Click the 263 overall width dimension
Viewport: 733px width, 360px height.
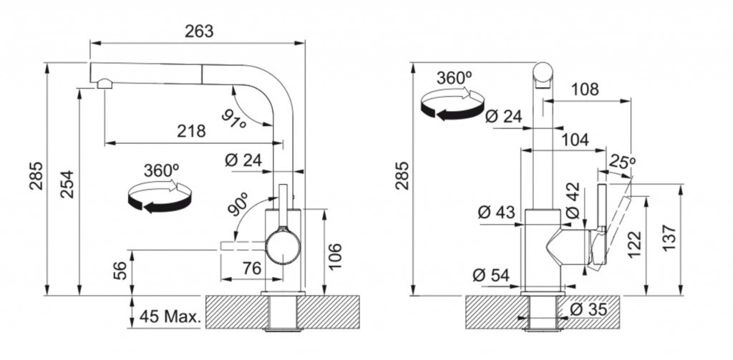click(199, 31)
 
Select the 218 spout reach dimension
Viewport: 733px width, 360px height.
click(191, 132)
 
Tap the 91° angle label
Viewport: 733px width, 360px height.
click(234, 119)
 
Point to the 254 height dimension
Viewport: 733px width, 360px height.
click(68, 184)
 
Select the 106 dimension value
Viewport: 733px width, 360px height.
click(336, 256)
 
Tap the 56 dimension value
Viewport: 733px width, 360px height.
click(120, 271)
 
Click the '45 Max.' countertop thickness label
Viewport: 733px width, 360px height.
click(170, 317)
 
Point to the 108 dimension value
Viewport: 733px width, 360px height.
click(584, 89)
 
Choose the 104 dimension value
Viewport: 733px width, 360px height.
click(575, 140)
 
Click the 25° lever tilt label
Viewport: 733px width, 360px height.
click(622, 162)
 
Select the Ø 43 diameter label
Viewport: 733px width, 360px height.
click(497, 213)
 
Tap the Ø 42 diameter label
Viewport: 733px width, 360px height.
click(573, 200)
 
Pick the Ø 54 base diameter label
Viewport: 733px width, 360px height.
click(491, 276)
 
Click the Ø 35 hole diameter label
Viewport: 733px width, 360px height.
click(588, 309)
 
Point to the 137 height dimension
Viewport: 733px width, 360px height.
click(669, 238)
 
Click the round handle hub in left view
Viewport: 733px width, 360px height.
click(283, 245)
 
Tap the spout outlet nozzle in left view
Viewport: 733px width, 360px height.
click(105, 84)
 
